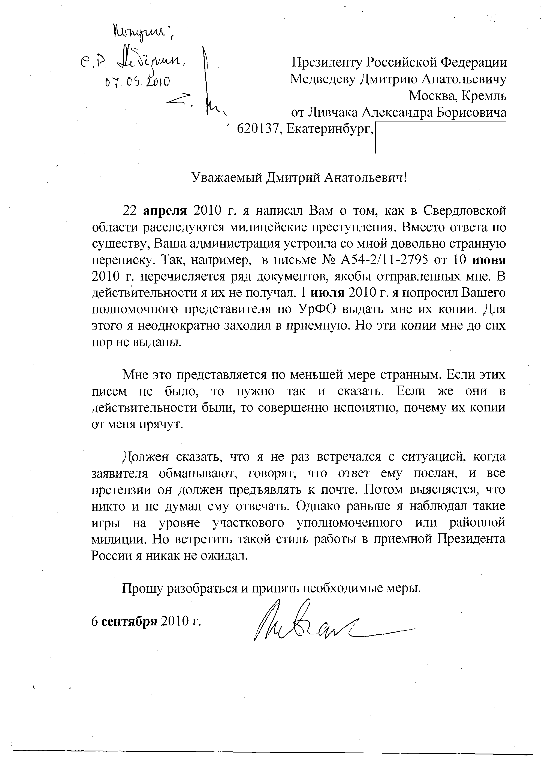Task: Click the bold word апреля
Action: (165, 211)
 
